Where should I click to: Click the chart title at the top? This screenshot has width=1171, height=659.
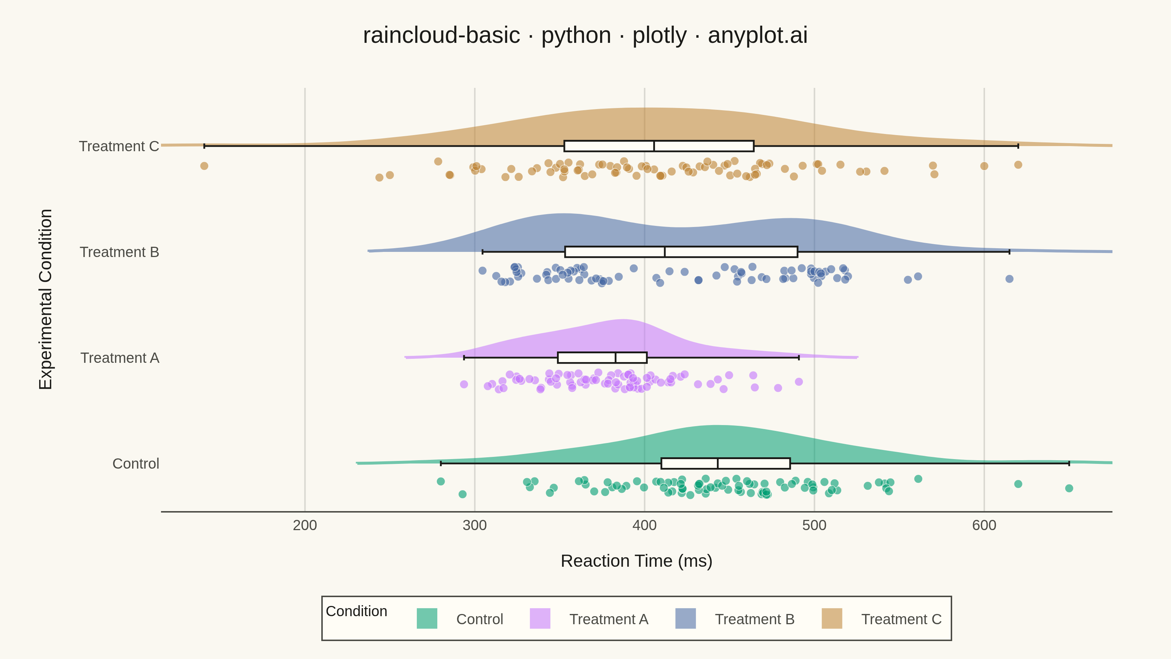pos(585,36)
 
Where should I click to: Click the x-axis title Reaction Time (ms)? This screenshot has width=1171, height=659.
pos(636,561)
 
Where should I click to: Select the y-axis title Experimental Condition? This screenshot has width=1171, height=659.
pos(45,299)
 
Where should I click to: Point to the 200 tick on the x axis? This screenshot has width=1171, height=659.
pos(304,525)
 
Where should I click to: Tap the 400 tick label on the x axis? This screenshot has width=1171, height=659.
pos(644,525)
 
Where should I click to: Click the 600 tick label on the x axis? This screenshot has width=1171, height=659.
pos(984,525)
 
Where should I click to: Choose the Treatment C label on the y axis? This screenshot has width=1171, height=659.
pos(119,146)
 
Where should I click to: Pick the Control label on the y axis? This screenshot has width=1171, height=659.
pos(136,463)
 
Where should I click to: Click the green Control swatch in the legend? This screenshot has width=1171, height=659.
pos(427,618)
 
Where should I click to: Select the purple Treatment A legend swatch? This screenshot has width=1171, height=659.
pos(540,618)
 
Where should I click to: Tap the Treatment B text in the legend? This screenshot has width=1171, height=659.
pos(755,619)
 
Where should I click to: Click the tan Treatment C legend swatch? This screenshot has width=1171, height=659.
pos(832,618)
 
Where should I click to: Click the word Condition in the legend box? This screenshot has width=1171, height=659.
pos(356,611)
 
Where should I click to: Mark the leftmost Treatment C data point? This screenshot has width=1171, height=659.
pos(204,166)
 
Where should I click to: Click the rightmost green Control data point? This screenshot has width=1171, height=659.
pos(1069,488)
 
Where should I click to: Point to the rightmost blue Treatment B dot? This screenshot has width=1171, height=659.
pos(1009,279)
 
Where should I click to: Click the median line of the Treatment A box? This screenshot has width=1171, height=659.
pos(616,357)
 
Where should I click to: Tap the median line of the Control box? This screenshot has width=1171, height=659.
pos(717,463)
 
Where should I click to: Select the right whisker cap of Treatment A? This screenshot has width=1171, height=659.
pos(799,357)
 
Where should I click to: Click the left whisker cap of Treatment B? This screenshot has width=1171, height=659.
pos(482,252)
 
